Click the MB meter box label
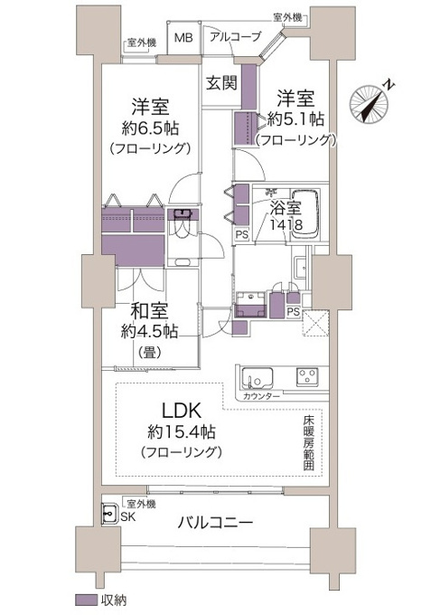[183, 38]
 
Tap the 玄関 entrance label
[221, 83]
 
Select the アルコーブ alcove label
[235, 37]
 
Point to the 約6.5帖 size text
[150, 128]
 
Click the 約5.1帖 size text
[295, 118]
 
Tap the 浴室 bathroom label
[286, 208]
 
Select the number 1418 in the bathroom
[286, 224]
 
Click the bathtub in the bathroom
[305, 213]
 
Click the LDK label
[182, 411]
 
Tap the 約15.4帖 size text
[182, 431]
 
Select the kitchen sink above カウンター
[258, 378]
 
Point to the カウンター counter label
[261, 396]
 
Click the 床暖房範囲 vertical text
[309, 443]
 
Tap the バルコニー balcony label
[215, 522]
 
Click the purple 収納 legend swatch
[86, 600]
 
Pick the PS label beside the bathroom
[242, 234]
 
